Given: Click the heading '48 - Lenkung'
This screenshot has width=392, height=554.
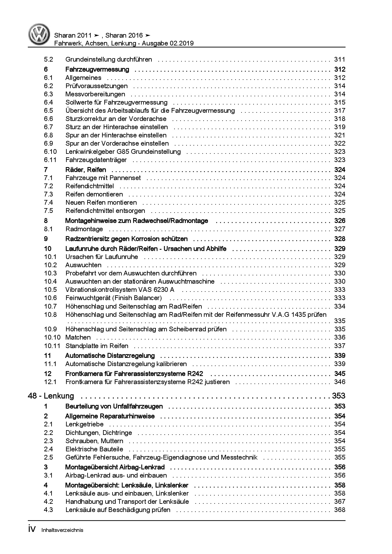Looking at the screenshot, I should click(x=51, y=396).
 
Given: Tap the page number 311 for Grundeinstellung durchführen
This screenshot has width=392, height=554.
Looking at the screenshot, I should click(x=340, y=59).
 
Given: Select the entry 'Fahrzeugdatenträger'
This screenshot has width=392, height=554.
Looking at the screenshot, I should click(x=96, y=160).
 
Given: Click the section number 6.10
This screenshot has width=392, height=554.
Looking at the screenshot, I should click(x=50, y=152).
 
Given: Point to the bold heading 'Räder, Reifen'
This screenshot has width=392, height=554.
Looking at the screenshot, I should click(x=86, y=170).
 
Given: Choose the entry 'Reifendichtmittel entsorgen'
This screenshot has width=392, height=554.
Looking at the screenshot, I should click(x=105, y=211).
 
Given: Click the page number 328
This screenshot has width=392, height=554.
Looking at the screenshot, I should click(x=340, y=239).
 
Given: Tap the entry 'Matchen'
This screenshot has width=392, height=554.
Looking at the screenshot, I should click(x=78, y=337).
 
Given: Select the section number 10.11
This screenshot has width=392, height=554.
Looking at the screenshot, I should click(x=52, y=346).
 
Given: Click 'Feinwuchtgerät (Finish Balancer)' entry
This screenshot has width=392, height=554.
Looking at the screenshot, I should click(x=113, y=298).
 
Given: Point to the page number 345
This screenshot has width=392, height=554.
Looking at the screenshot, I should click(x=340, y=374).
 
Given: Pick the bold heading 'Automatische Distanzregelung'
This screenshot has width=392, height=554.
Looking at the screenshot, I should click(x=110, y=356).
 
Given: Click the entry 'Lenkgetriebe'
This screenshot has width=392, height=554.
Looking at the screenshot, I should click(x=84, y=424).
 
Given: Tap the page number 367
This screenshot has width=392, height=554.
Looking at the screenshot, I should click(x=340, y=502).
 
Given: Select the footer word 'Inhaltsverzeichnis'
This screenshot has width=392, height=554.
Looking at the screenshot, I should click(x=62, y=530).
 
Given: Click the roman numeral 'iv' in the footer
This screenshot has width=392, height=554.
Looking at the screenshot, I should click(x=33, y=529).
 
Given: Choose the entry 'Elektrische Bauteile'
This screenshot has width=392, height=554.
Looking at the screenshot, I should click(x=94, y=449).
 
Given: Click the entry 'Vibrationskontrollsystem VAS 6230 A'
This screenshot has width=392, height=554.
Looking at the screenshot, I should click(x=120, y=290).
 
